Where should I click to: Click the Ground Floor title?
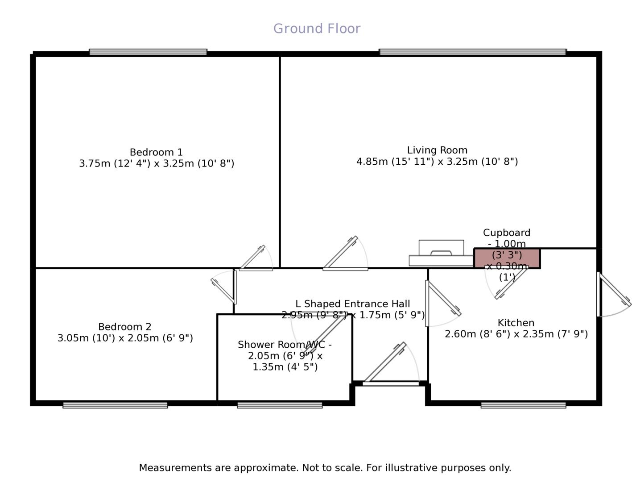(317, 29)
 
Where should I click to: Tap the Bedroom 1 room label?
(156, 152)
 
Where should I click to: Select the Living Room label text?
(437, 150)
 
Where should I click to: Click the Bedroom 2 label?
(125, 327)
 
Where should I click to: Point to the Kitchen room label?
(516, 323)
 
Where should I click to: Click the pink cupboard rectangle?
(507, 258)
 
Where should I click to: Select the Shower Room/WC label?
(285, 345)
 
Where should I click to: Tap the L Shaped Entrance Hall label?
(352, 304)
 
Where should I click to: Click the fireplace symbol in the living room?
(441, 254)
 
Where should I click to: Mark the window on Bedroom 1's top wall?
(148, 52)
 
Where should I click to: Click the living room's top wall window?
(472, 52)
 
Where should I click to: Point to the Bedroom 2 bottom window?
(115, 405)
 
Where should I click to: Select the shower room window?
(280, 405)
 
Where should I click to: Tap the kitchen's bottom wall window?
(523, 405)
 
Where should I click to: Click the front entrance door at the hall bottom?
(391, 383)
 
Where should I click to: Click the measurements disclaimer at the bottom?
(325, 468)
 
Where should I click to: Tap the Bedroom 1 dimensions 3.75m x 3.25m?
(156, 163)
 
